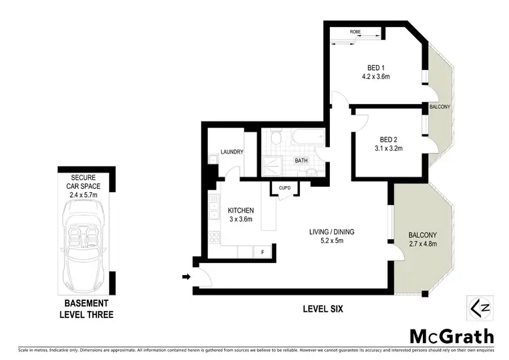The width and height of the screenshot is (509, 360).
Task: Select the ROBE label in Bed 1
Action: coord(355,32)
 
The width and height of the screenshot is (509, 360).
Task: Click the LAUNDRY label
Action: coord(231,152)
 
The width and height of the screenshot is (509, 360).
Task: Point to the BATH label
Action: coord(301,161)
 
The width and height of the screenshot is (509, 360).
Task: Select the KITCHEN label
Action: coord(240,211)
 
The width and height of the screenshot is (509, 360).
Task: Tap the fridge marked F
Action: coord(263,252)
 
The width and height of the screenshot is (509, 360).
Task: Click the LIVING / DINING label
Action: coord(332,232)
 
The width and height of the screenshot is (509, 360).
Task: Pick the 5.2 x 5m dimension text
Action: coord(332,241)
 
